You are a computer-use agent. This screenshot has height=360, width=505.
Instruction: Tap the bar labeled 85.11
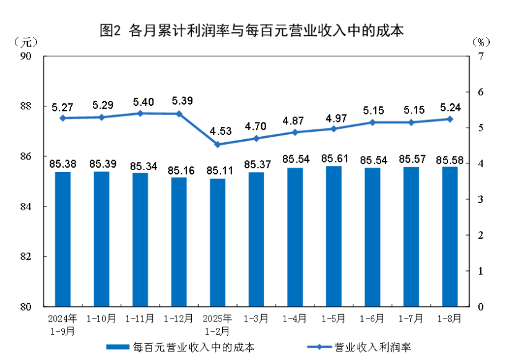218,242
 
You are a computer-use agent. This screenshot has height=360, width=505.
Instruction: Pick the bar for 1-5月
334,236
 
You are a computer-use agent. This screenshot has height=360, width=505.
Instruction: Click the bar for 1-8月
450,236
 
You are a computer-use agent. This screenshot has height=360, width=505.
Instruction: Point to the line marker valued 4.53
218,145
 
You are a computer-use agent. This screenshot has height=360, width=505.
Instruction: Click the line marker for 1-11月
140,113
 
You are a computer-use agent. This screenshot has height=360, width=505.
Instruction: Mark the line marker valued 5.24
450,119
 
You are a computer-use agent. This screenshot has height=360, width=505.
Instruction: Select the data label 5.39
179,100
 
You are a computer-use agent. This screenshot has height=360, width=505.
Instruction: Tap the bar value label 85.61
334,159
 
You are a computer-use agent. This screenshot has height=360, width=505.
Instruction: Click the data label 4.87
295,120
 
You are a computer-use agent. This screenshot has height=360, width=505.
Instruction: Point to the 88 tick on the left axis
43,106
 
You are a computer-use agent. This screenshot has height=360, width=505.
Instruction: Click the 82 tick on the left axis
43,256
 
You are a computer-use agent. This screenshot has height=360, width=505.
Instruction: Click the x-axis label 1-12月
179,319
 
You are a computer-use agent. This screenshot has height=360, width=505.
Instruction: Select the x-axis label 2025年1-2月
218,325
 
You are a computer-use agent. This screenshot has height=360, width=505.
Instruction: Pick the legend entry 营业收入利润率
365,346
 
